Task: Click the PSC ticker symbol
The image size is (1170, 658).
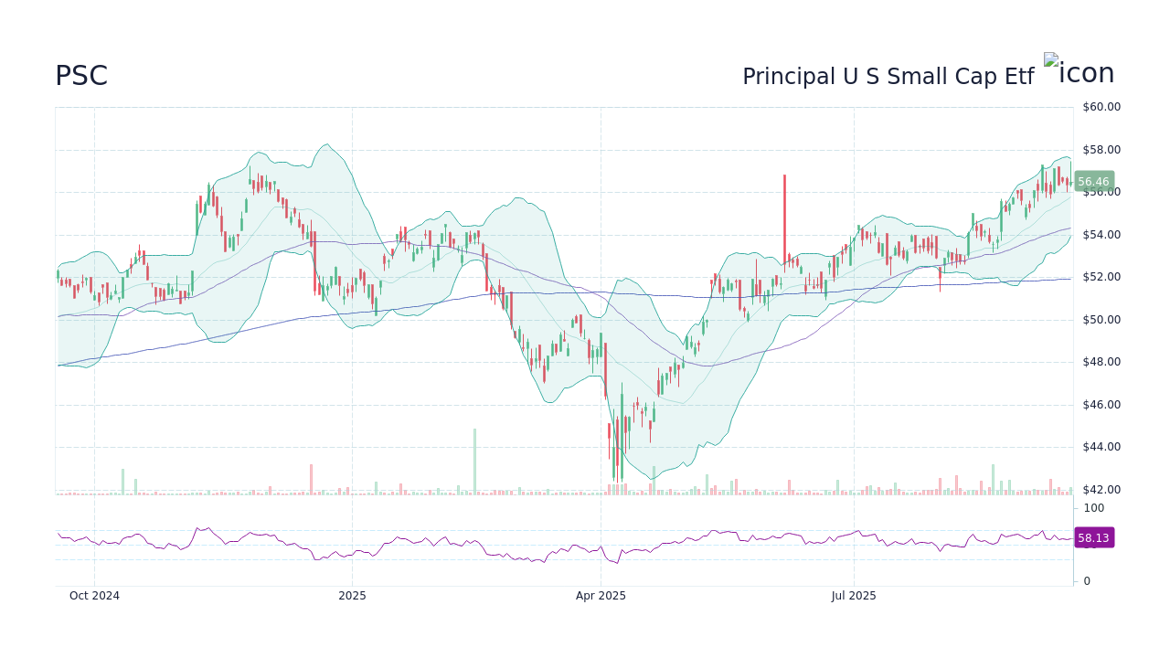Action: (81, 77)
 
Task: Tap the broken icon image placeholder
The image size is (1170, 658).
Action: (1050, 60)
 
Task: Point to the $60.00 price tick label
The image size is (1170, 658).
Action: (1101, 107)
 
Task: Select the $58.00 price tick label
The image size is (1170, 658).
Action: (1101, 150)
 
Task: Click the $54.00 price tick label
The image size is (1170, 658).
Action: (1101, 235)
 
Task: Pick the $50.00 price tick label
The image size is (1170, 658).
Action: (1101, 320)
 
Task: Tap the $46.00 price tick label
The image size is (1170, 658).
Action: (1101, 405)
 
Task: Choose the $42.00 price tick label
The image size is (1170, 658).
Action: (1101, 490)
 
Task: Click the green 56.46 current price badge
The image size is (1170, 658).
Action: (1093, 182)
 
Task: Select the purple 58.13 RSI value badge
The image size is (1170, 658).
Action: (1093, 538)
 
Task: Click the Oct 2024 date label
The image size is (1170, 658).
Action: (94, 596)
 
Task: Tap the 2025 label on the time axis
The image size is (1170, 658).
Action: (352, 596)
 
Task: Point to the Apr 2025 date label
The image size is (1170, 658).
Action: (601, 596)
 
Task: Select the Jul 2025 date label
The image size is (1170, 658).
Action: (854, 596)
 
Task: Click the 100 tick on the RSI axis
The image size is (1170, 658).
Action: (1093, 508)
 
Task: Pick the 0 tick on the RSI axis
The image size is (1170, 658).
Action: (1087, 581)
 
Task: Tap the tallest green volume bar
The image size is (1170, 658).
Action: (474, 462)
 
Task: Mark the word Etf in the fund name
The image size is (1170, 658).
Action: (1019, 78)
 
